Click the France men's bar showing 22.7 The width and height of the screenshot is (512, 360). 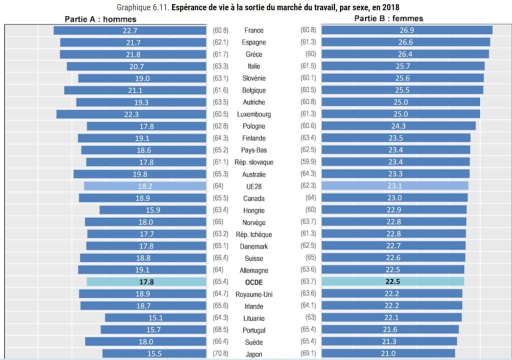click(130, 30)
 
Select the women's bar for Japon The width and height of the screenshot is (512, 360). click(388, 354)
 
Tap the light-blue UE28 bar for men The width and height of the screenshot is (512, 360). click(145, 186)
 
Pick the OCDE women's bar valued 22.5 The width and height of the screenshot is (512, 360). click(392, 282)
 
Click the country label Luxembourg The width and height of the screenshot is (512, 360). click(253, 114)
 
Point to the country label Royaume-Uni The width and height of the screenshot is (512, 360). click(253, 294)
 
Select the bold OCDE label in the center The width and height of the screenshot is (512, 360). click(253, 282)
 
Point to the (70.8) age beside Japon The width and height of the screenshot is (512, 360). click(220, 354)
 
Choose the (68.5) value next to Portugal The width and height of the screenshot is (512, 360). click(220, 330)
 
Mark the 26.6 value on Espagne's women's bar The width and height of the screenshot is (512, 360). click(406, 42)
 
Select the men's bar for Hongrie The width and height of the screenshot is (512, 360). click(153, 210)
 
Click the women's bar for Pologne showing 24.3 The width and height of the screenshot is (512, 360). click(398, 126)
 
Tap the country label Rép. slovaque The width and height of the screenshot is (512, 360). click(253, 162)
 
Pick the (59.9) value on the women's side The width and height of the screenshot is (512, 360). click(308, 162)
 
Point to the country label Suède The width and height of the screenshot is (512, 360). click(253, 342)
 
